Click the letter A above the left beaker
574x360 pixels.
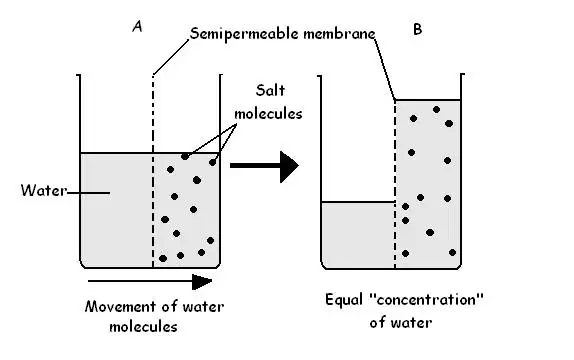137,26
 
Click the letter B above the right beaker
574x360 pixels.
417,29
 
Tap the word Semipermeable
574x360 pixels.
244,34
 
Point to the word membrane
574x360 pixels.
339,34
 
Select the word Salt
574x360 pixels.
270,90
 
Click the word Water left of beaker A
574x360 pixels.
44,190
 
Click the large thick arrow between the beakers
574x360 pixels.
264,166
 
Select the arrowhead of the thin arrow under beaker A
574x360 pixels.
202,282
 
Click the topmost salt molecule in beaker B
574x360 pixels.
436,110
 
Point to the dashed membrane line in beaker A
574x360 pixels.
153,171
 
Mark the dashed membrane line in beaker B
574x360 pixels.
395,184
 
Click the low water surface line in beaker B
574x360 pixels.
358,202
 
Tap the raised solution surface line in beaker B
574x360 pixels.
428,100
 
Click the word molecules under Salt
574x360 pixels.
268,114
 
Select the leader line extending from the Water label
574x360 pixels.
88,193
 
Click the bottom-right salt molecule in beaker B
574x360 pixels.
452,252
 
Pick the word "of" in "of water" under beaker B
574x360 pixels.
377,323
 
